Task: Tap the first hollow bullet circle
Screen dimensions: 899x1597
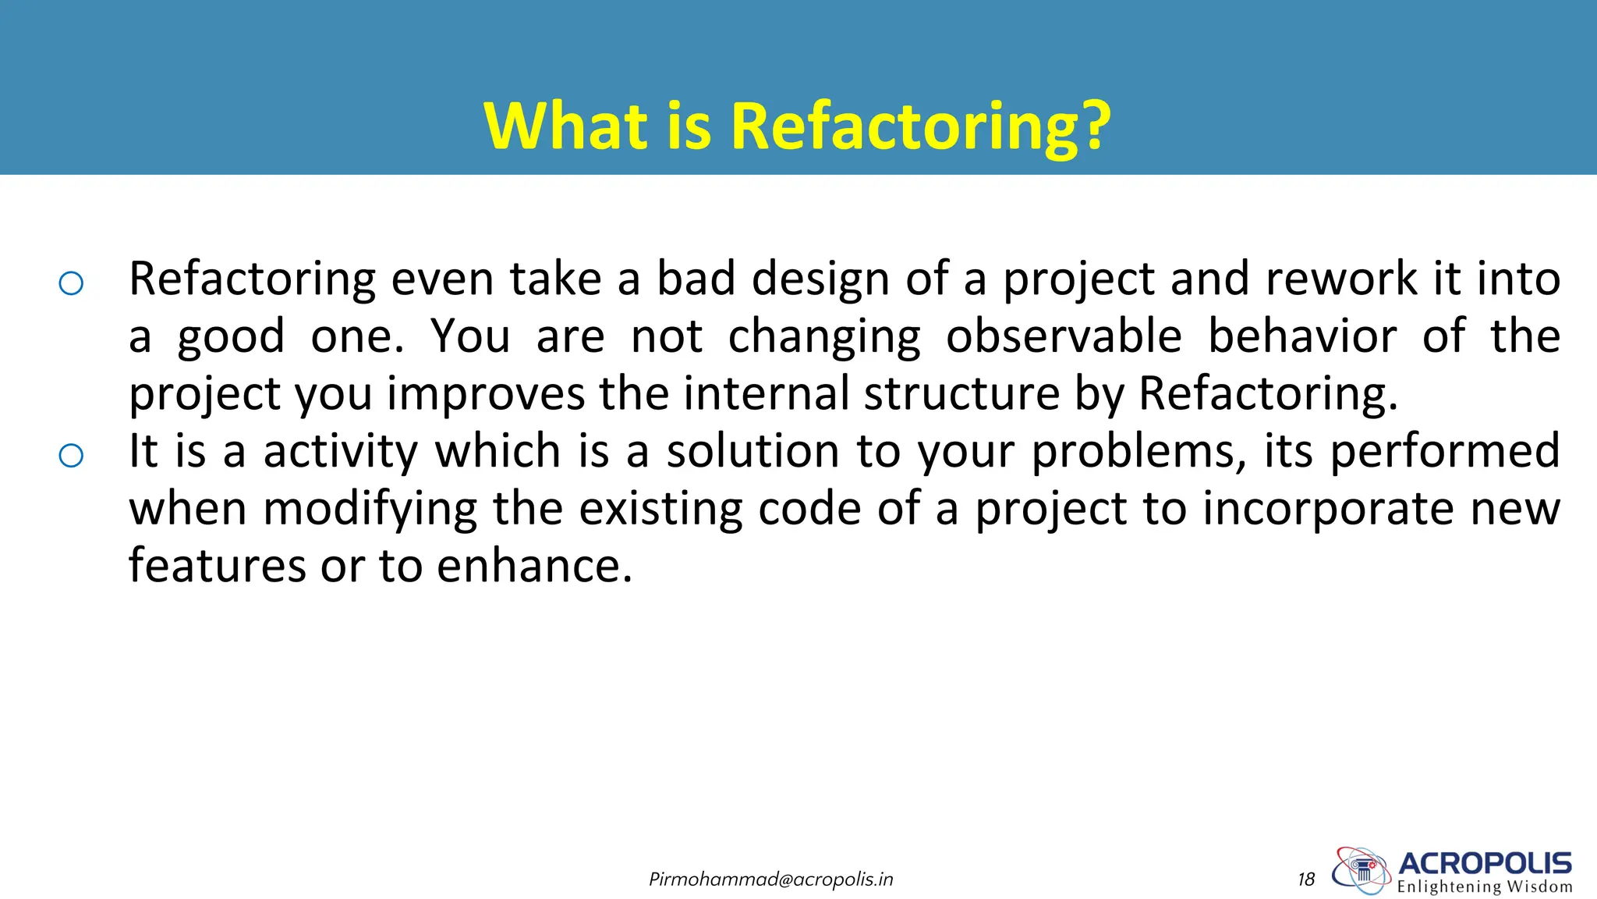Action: click(71, 282)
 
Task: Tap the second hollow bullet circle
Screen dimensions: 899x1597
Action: click(71, 455)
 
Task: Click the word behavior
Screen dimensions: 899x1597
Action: click(1301, 337)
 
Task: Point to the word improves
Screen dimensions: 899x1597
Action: click(485, 393)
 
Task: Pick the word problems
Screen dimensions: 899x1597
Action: click(1137, 452)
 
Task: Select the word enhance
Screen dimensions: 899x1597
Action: click(534, 566)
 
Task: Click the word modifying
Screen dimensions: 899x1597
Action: click(370, 509)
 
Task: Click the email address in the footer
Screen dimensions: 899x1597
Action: click(770, 879)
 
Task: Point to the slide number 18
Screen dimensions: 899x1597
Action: click(1306, 879)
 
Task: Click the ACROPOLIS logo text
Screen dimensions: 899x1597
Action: click(1485, 863)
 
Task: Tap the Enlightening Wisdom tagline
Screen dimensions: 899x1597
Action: click(1485, 887)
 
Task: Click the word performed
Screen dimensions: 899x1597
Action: click(1444, 452)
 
